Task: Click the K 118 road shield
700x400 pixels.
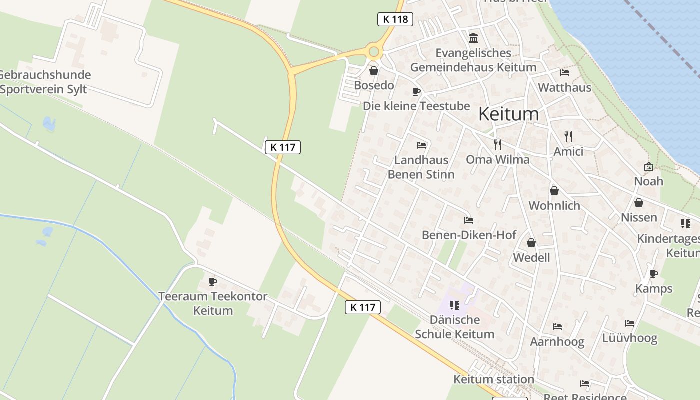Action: tap(395, 19)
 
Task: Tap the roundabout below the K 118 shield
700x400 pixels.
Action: tap(374, 51)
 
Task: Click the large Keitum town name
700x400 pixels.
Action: tap(508, 114)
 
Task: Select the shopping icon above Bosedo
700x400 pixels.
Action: tap(373, 71)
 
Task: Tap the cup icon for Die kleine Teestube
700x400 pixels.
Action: tap(416, 91)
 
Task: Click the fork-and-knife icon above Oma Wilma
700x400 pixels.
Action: tap(497, 145)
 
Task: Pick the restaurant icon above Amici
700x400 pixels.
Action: tap(568, 136)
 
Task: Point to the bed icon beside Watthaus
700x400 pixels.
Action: tap(565, 73)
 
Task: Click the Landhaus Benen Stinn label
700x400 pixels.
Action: tap(421, 167)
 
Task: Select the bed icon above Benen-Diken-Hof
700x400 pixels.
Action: tap(468, 220)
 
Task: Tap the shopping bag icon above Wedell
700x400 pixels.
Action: tap(531, 243)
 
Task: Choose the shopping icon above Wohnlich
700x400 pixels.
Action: tap(554, 191)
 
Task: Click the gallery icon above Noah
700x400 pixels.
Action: tap(649, 167)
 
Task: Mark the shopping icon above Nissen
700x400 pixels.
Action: tap(638, 203)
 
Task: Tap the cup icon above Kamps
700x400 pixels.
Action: tap(653, 274)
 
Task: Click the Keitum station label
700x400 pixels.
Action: tap(493, 379)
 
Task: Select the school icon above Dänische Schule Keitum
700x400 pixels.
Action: tap(454, 305)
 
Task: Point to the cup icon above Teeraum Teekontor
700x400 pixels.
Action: tap(213, 282)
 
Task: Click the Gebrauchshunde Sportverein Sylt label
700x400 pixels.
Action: tap(45, 82)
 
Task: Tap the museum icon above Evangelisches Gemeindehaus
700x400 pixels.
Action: tap(473, 38)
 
